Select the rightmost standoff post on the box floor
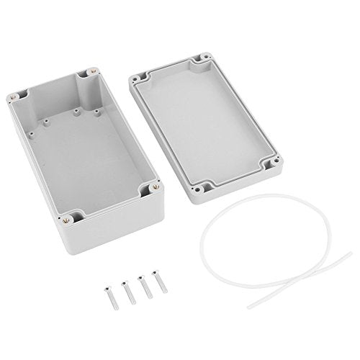pos(98,113)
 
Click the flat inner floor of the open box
pos(79,155)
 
